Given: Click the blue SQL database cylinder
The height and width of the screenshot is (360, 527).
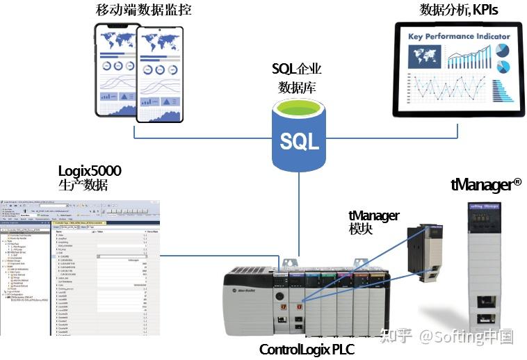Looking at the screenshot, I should click(x=299, y=136).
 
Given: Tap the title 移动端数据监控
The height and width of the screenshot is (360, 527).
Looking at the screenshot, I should click(x=143, y=10).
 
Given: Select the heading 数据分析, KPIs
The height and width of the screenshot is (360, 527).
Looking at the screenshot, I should click(x=459, y=10).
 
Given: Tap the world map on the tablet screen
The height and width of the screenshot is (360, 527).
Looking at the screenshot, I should click(x=425, y=55).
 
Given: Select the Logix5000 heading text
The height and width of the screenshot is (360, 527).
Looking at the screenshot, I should click(x=90, y=171).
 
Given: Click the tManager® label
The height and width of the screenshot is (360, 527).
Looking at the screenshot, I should click(x=486, y=184).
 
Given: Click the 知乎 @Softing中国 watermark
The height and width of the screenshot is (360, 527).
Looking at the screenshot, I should click(x=445, y=337).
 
